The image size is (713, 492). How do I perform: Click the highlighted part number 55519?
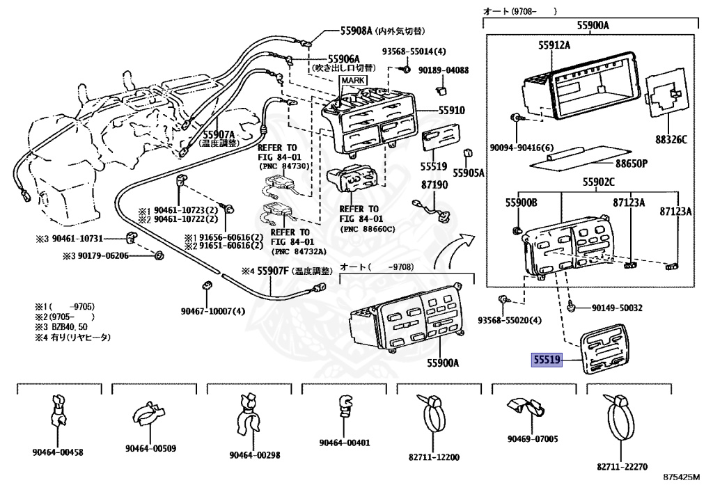click(x=547, y=360)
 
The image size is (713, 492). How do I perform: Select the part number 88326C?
click(x=670, y=140)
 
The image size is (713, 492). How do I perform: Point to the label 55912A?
click(x=554, y=45)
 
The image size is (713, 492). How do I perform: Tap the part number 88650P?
click(x=631, y=164)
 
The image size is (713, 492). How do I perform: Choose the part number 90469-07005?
click(x=533, y=438)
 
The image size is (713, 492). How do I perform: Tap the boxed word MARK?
click(x=353, y=81)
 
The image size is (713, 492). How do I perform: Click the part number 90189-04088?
click(x=444, y=70)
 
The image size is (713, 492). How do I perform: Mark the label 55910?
click(x=451, y=111)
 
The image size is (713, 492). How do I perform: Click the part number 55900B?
click(x=522, y=203)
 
